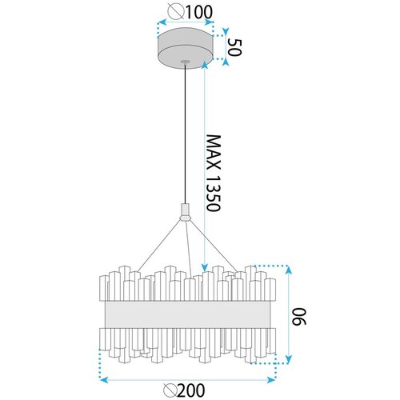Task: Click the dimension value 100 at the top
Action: [x=199, y=12]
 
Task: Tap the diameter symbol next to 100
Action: [x=176, y=12]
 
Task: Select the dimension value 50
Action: [x=234, y=47]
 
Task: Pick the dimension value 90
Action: [x=298, y=317]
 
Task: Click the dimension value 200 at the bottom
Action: [x=191, y=390]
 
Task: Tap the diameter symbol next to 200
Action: [x=170, y=390]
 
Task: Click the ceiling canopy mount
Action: [x=186, y=47]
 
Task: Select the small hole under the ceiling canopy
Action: [x=184, y=62]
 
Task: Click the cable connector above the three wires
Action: [x=185, y=212]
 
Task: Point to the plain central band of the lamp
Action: [x=187, y=314]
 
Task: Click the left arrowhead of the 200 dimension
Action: [x=103, y=380]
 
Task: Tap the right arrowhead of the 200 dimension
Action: [x=271, y=380]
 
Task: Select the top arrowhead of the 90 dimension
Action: [x=289, y=270]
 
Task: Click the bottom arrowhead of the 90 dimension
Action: [x=289, y=359]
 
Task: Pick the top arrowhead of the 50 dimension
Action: [x=226, y=31]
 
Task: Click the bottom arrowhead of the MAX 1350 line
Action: [x=205, y=267]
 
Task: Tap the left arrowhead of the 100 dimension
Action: [x=162, y=22]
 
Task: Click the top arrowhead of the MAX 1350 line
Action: [x=205, y=65]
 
